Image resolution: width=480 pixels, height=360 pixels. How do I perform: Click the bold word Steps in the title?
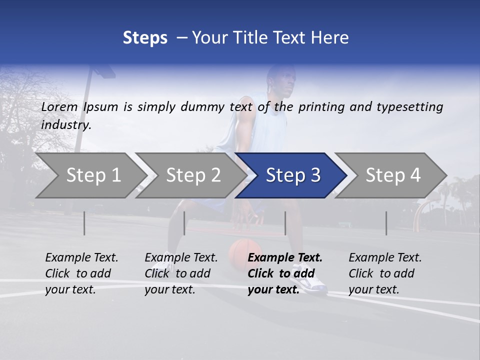point(145,38)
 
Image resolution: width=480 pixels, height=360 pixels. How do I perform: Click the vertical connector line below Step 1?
point(84,223)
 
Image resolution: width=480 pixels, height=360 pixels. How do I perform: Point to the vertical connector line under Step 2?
point(184,223)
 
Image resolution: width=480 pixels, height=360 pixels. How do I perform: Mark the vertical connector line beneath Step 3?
point(285,223)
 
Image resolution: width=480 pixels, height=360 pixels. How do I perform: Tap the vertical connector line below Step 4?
point(386,223)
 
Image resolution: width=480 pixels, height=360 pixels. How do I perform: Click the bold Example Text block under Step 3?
point(285,273)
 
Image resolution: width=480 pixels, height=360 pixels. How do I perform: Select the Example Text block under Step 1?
point(81,273)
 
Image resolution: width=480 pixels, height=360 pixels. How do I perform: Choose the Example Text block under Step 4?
point(385,273)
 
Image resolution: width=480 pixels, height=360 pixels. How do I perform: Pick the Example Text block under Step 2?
point(181,273)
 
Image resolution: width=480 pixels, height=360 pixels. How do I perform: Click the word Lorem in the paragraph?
point(59,107)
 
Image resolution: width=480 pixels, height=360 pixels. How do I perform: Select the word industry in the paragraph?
point(66,125)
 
